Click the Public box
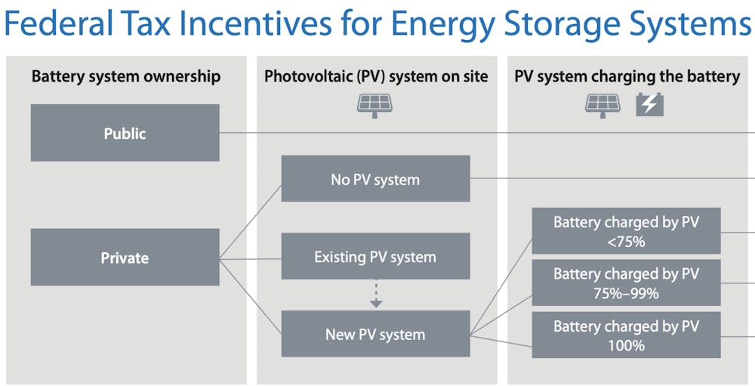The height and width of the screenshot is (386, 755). pyautogui.click(x=125, y=132)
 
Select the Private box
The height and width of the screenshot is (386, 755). pyautogui.click(x=125, y=258)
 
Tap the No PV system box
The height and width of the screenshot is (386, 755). pyautogui.click(x=375, y=179)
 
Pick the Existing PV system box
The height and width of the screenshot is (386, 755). pyautogui.click(x=375, y=256)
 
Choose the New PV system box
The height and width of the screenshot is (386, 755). pyautogui.click(x=375, y=334)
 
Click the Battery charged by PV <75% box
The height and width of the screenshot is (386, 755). pyautogui.click(x=626, y=231)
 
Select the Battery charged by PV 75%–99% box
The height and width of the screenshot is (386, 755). pyautogui.click(x=626, y=283)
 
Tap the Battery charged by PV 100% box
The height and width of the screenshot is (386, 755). pyautogui.click(x=626, y=335)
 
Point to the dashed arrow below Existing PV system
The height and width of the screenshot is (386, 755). pyautogui.click(x=376, y=294)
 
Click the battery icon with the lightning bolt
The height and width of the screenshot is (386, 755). pyautogui.click(x=649, y=105)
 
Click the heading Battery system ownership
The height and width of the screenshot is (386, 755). pyautogui.click(x=126, y=76)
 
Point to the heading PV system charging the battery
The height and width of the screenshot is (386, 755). pyautogui.click(x=627, y=76)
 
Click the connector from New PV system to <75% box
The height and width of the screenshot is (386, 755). pyautogui.click(x=501, y=286)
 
